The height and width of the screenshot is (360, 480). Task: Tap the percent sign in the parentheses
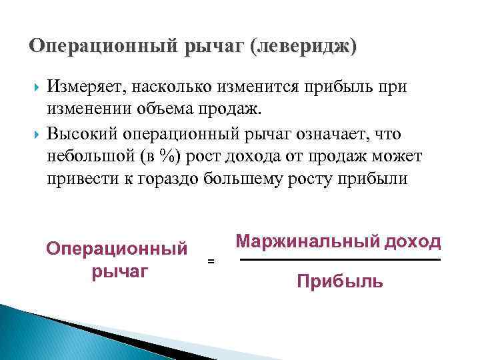[177, 157]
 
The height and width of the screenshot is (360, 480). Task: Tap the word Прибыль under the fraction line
[340, 282]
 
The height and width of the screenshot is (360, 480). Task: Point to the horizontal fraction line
[340, 259]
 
